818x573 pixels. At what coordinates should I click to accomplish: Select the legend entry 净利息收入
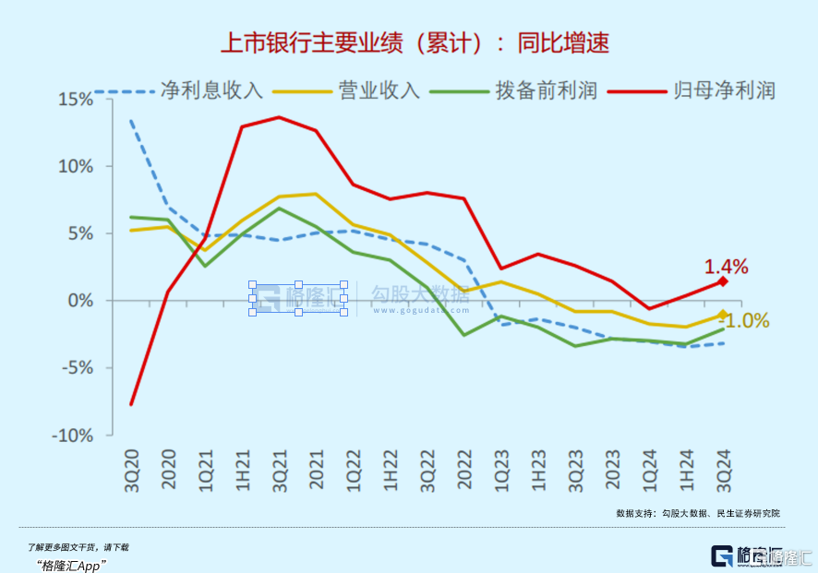pyautogui.click(x=211, y=90)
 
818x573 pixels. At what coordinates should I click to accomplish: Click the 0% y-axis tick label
pyautogui.click(x=84, y=301)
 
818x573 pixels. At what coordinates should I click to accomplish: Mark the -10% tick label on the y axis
pyautogui.click(x=76, y=436)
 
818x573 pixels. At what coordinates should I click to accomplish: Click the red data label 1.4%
pyautogui.click(x=727, y=267)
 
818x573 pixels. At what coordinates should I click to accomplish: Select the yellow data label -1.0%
pyautogui.click(x=744, y=321)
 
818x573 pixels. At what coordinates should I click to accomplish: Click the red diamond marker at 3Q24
pyautogui.click(x=723, y=281)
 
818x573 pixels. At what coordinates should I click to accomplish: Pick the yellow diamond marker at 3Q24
pyautogui.click(x=723, y=315)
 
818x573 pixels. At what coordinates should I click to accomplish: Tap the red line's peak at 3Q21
pyautogui.click(x=279, y=117)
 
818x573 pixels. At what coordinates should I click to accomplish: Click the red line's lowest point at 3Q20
pyautogui.click(x=131, y=404)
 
